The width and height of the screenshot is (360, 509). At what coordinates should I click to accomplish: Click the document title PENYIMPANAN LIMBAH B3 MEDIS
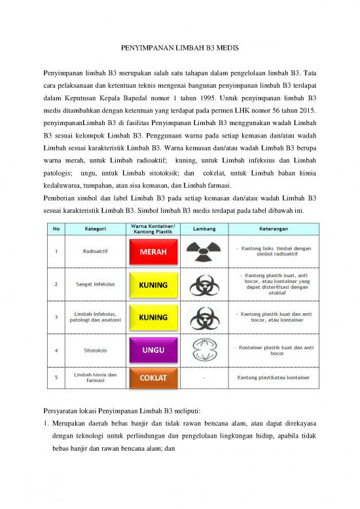click(179, 48)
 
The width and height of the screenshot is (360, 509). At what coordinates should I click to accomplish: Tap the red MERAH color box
click(153, 252)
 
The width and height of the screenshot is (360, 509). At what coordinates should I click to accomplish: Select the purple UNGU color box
click(153, 350)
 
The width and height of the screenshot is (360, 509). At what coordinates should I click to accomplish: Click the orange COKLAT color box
click(153, 379)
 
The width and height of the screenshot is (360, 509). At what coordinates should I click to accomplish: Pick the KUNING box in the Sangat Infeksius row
click(153, 285)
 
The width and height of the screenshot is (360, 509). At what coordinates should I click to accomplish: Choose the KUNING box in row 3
click(153, 317)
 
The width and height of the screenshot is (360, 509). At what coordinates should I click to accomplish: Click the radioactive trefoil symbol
click(203, 252)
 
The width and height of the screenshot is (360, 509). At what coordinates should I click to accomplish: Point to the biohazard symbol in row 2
click(203, 285)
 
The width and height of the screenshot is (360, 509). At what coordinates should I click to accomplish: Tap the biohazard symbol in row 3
click(203, 317)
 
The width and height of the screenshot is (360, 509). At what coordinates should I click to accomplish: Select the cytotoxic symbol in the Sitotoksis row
click(203, 350)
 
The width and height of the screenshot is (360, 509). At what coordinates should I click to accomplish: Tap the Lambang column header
click(203, 229)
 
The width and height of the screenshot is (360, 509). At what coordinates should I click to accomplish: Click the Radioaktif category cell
click(92, 251)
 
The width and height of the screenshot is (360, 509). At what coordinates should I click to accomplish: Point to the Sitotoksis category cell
click(92, 350)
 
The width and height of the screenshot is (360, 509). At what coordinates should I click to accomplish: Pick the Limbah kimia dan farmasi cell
click(92, 378)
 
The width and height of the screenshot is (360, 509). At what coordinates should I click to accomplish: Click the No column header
click(56, 229)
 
